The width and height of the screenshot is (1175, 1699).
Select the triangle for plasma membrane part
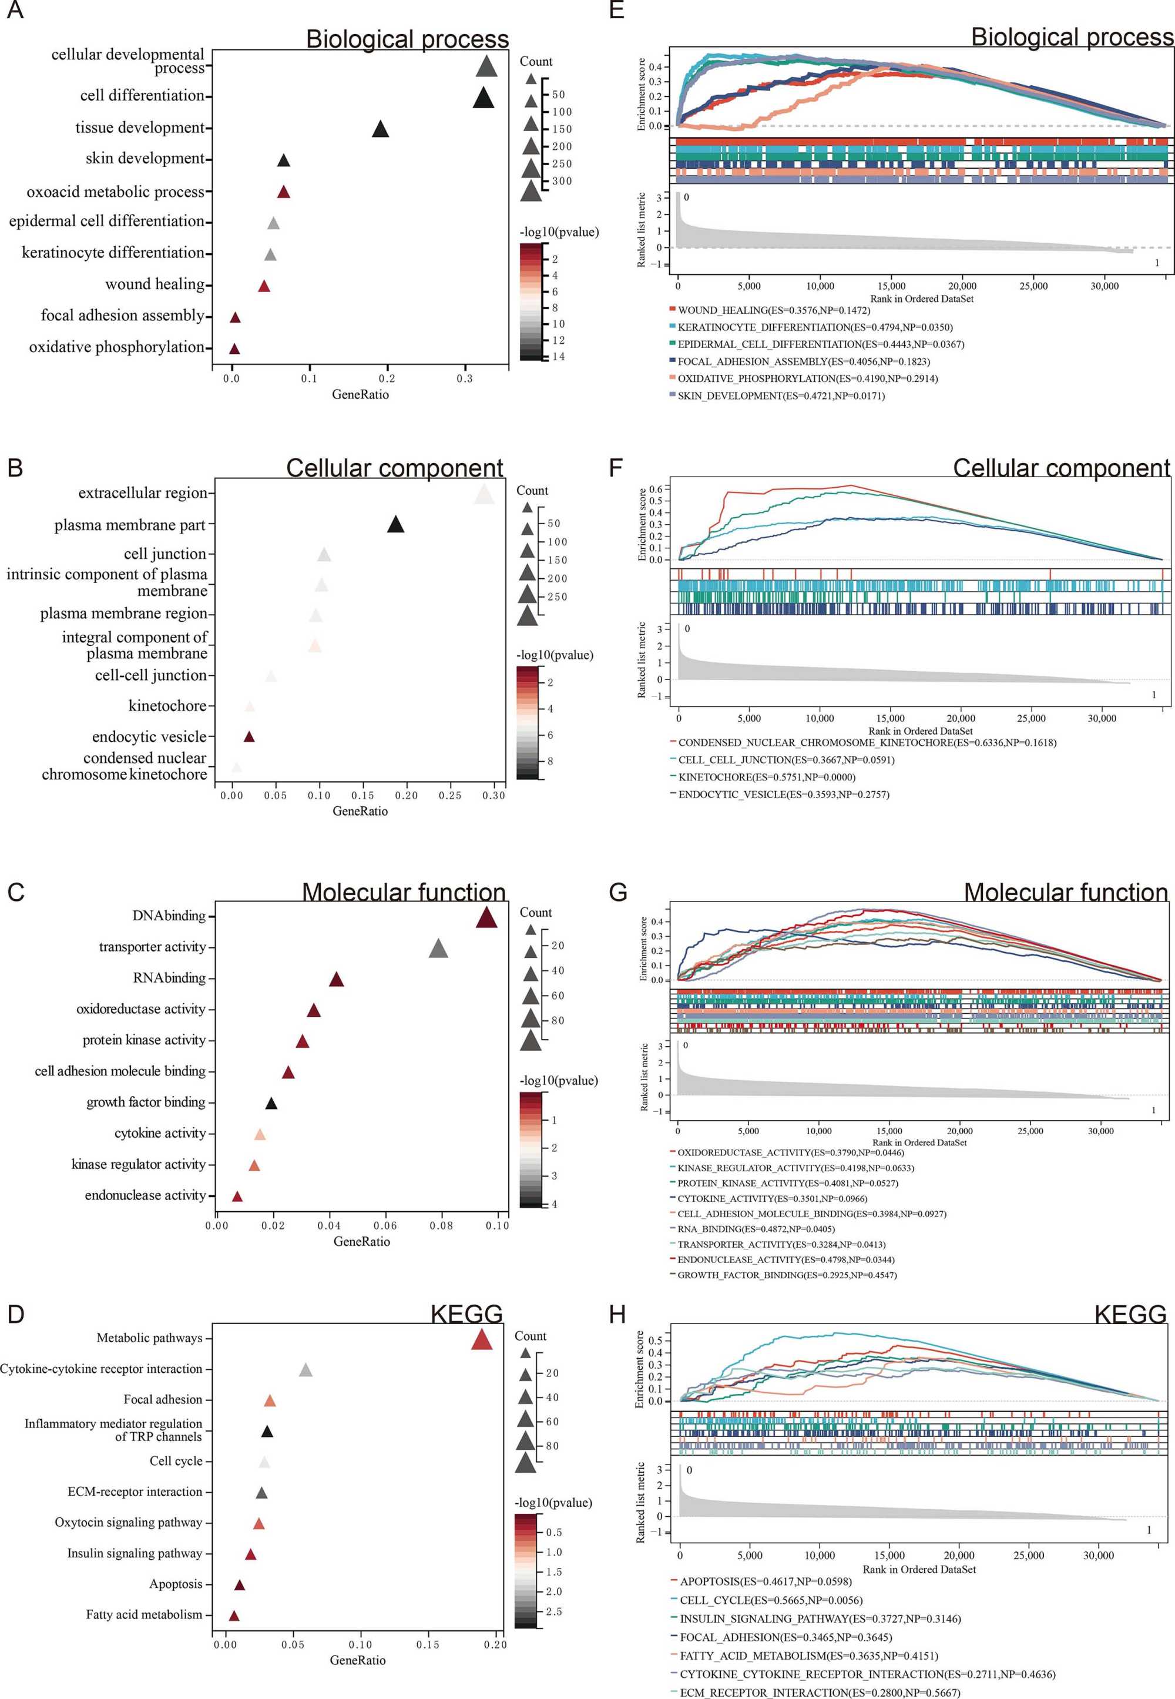point(395,525)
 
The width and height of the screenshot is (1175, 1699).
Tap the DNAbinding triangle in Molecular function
point(486,919)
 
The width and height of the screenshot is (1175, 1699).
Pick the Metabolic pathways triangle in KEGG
point(482,1339)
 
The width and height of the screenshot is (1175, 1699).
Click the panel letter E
point(616,11)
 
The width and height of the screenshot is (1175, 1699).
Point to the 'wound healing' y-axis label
point(155,284)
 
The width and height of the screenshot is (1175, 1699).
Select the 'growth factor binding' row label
point(146,1102)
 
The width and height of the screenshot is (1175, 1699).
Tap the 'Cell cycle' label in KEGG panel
point(176,1460)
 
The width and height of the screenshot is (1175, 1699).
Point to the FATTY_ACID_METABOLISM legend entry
point(808,1656)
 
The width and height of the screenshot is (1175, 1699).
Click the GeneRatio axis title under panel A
point(360,395)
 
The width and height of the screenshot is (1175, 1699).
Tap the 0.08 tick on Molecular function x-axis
point(441,1225)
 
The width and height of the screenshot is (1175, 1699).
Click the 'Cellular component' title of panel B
point(395,468)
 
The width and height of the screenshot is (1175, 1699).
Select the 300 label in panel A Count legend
point(562,181)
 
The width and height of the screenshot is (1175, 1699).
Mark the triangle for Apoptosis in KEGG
point(239,1585)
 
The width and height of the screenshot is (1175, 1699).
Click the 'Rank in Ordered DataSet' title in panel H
point(919,1569)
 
